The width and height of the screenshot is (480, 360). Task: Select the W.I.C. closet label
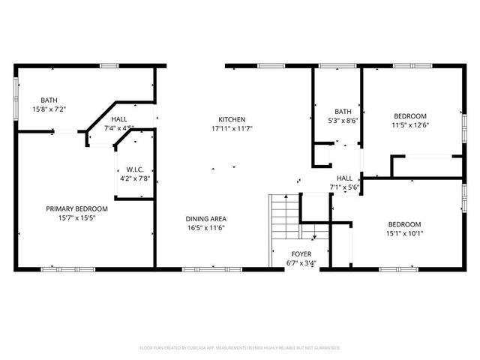pos(135,169)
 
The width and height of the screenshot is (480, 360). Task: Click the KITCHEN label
pos(232,119)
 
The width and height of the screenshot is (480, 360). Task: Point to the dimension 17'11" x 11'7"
pos(232,129)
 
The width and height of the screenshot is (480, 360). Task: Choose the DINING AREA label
pos(206,218)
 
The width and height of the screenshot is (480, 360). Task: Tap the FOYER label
pos(301,254)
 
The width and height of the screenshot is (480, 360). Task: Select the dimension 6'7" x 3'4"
pos(301,263)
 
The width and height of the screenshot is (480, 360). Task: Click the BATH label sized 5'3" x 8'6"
pos(343,112)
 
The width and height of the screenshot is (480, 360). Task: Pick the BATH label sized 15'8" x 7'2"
pos(49,100)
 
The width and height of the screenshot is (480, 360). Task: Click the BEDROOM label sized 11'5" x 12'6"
pos(410,115)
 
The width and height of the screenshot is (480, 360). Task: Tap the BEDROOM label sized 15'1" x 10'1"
pos(404,224)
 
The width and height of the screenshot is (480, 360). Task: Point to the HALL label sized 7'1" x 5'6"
pos(344,178)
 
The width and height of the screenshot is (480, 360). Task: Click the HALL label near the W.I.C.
pos(119,119)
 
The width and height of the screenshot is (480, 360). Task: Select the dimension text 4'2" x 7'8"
pos(135,178)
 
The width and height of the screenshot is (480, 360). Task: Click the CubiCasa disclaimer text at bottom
pos(240,348)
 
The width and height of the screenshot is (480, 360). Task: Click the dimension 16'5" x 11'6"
pos(206,228)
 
